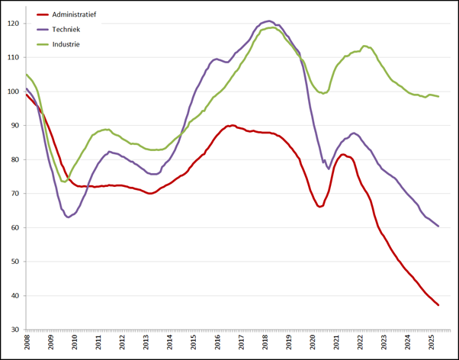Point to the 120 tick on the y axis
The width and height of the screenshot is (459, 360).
(x=13, y=24)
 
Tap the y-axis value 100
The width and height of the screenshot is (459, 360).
(x=13, y=92)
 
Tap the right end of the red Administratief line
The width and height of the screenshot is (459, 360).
(x=438, y=305)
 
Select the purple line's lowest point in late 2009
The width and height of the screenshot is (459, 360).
(x=69, y=217)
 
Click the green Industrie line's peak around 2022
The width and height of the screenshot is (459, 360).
(x=365, y=46)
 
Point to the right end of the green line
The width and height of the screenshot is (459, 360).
(x=438, y=96)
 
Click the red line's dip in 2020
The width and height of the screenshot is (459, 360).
(x=320, y=207)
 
